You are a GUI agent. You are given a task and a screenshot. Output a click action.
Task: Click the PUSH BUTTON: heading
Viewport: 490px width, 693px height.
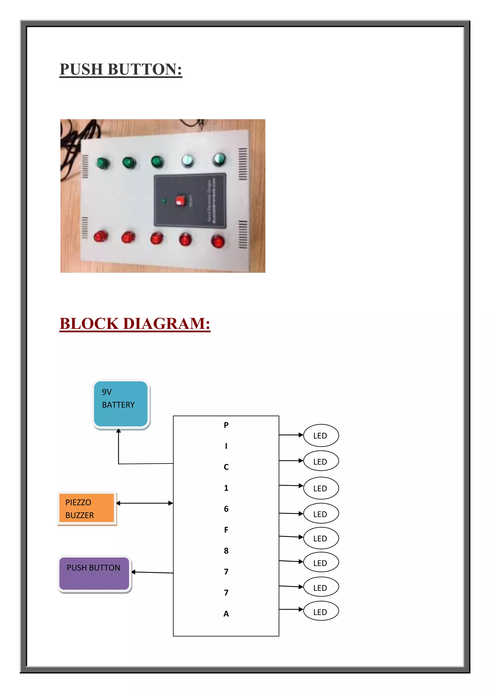tap(121, 69)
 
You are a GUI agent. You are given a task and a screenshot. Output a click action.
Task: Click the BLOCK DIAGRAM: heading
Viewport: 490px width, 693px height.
tap(135, 323)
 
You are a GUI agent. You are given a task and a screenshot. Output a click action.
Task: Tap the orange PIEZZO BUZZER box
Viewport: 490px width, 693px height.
tap(87, 508)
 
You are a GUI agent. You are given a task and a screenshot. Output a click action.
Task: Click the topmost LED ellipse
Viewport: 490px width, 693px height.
tap(321, 435)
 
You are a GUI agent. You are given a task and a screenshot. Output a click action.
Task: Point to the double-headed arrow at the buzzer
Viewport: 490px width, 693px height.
tap(145, 503)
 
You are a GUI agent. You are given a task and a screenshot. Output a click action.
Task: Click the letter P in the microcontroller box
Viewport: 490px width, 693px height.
tap(226, 425)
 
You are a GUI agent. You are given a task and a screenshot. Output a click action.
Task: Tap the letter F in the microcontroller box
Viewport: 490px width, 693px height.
tap(226, 530)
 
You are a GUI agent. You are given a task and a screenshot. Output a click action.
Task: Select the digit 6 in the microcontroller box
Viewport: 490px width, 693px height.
tap(226, 509)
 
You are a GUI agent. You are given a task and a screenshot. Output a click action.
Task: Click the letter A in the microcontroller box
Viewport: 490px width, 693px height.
tap(226, 614)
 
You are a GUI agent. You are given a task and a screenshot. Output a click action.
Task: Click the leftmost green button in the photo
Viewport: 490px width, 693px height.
tap(103, 163)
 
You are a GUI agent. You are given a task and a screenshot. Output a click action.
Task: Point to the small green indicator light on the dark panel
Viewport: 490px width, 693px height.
tap(164, 201)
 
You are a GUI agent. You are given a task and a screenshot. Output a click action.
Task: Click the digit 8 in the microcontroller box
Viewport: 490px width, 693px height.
tap(226, 551)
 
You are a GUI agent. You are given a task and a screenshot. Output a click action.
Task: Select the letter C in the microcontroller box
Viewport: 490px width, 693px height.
tap(226, 467)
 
